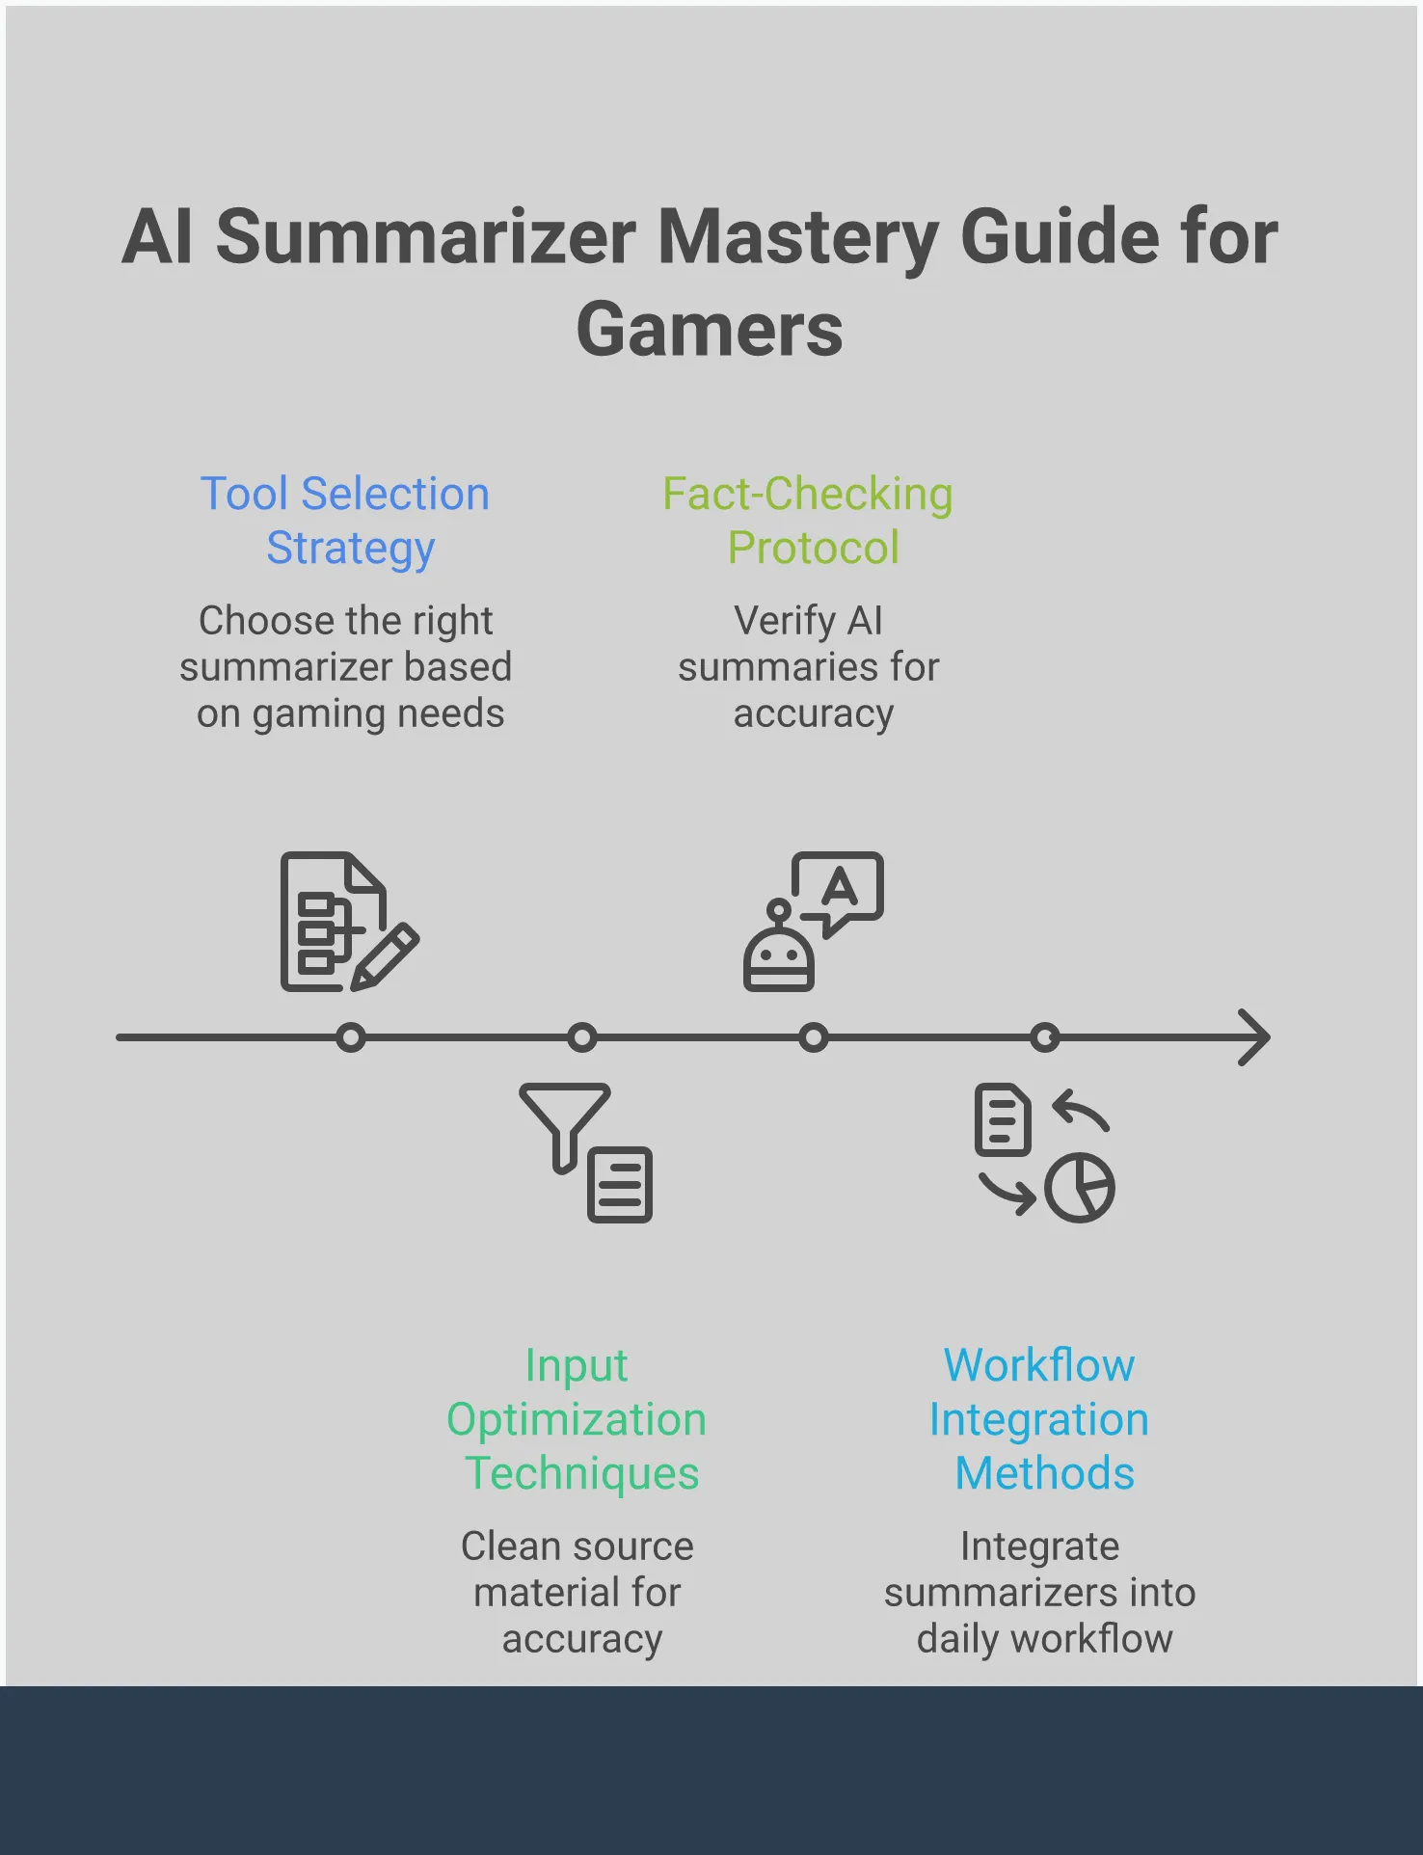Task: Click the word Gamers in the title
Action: [710, 330]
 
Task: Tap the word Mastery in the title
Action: [798, 237]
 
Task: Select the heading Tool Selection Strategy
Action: [346, 521]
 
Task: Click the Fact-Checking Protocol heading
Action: [809, 521]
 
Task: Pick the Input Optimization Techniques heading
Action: [577, 1419]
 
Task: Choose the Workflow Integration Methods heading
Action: [1040, 1419]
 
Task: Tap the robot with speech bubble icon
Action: [813, 922]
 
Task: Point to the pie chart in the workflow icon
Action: [1080, 1188]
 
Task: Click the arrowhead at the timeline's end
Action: [1256, 1037]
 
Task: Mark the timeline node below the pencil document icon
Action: [352, 1037]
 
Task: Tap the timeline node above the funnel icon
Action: [582, 1037]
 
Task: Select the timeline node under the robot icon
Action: [814, 1037]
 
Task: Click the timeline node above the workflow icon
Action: [1045, 1037]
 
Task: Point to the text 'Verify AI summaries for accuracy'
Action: [809, 667]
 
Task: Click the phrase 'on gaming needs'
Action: [350, 714]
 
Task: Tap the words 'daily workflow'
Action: [1044, 1639]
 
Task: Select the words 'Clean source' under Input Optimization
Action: [577, 1546]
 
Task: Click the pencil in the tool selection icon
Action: [386, 955]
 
